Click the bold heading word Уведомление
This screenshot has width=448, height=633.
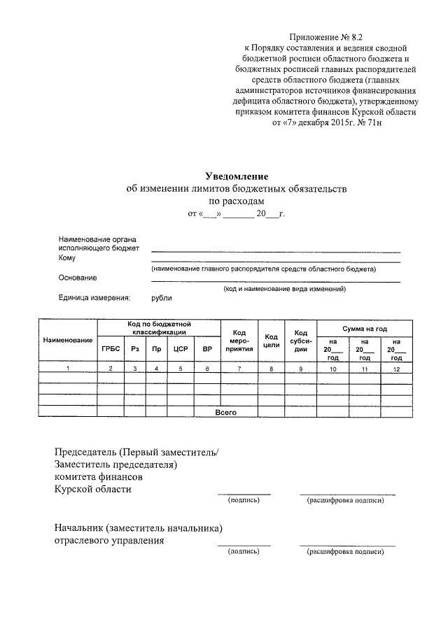tap(236, 176)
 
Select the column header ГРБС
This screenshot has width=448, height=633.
tap(111, 348)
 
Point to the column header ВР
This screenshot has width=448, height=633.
tap(206, 348)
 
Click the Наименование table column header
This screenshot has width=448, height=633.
tap(68, 340)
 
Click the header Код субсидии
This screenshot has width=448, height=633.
tap(301, 340)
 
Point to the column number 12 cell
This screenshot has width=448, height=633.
tap(396, 368)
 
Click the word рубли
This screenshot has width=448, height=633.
tap(162, 298)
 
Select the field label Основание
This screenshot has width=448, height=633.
tap(78, 278)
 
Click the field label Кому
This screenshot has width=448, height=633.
tap(67, 258)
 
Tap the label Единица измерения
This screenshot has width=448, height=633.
tap(94, 298)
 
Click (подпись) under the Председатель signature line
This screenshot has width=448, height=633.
tap(244, 501)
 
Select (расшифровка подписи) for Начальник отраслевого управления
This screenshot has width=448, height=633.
tap(346, 551)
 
